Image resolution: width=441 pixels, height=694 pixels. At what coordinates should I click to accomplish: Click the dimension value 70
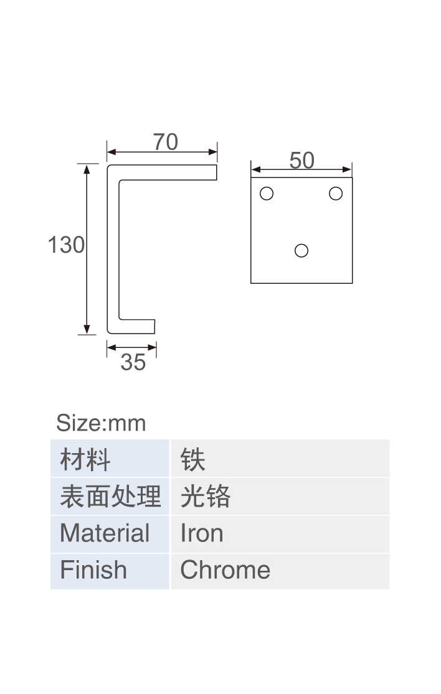point(166,142)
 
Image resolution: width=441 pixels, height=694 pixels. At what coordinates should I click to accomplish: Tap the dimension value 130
point(66,245)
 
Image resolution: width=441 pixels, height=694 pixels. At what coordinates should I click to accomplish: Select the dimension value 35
point(133,362)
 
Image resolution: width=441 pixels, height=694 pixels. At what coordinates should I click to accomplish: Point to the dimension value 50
point(301,160)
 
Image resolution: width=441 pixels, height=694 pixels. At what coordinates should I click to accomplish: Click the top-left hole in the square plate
point(267,194)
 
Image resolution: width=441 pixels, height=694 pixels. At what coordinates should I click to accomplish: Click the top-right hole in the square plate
point(336,194)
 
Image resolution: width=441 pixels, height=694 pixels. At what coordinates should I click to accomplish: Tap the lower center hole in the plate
point(301,250)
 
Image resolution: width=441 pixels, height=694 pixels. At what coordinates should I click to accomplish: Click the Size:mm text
point(101,423)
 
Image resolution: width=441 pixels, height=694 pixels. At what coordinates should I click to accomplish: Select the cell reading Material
point(110,533)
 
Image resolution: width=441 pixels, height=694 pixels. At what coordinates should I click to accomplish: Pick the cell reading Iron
point(280,533)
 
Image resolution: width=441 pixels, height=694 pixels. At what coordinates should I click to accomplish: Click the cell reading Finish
point(110,571)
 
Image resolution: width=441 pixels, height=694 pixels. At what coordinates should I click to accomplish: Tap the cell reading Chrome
point(280,571)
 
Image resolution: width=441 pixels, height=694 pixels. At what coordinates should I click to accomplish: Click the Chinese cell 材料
point(110,459)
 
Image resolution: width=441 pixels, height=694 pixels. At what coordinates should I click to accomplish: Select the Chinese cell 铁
point(280,459)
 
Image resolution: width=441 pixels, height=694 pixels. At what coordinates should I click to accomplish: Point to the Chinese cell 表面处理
point(110,496)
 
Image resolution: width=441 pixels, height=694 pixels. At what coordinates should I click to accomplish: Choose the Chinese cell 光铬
point(280,496)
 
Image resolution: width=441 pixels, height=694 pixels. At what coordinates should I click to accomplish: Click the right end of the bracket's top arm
point(217,172)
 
